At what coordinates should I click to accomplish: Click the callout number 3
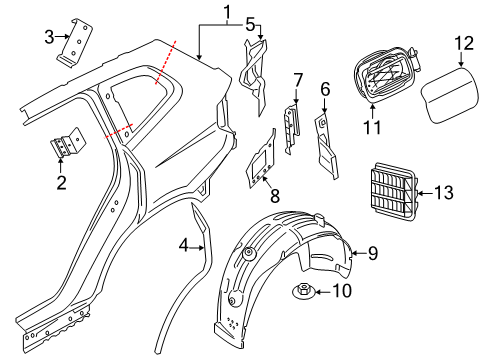[x=49, y=37]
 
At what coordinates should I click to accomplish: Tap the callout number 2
[x=61, y=182]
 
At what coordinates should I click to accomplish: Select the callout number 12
[x=464, y=43]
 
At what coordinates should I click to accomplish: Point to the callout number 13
[x=444, y=193]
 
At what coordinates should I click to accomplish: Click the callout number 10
[x=342, y=291]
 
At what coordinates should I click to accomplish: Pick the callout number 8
[x=275, y=196]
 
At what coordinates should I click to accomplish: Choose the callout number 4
[x=184, y=246]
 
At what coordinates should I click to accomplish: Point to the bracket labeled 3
[x=75, y=43]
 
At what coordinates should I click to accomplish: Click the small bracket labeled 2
[x=68, y=143]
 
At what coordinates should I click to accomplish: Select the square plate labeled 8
[x=261, y=159]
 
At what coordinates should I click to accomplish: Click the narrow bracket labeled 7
[x=292, y=129]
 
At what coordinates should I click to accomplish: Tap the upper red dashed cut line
[x=166, y=62]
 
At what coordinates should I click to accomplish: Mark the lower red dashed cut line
[x=119, y=131]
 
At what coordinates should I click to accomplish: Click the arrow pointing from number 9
[x=359, y=253]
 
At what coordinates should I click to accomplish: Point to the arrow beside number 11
[x=373, y=112]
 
